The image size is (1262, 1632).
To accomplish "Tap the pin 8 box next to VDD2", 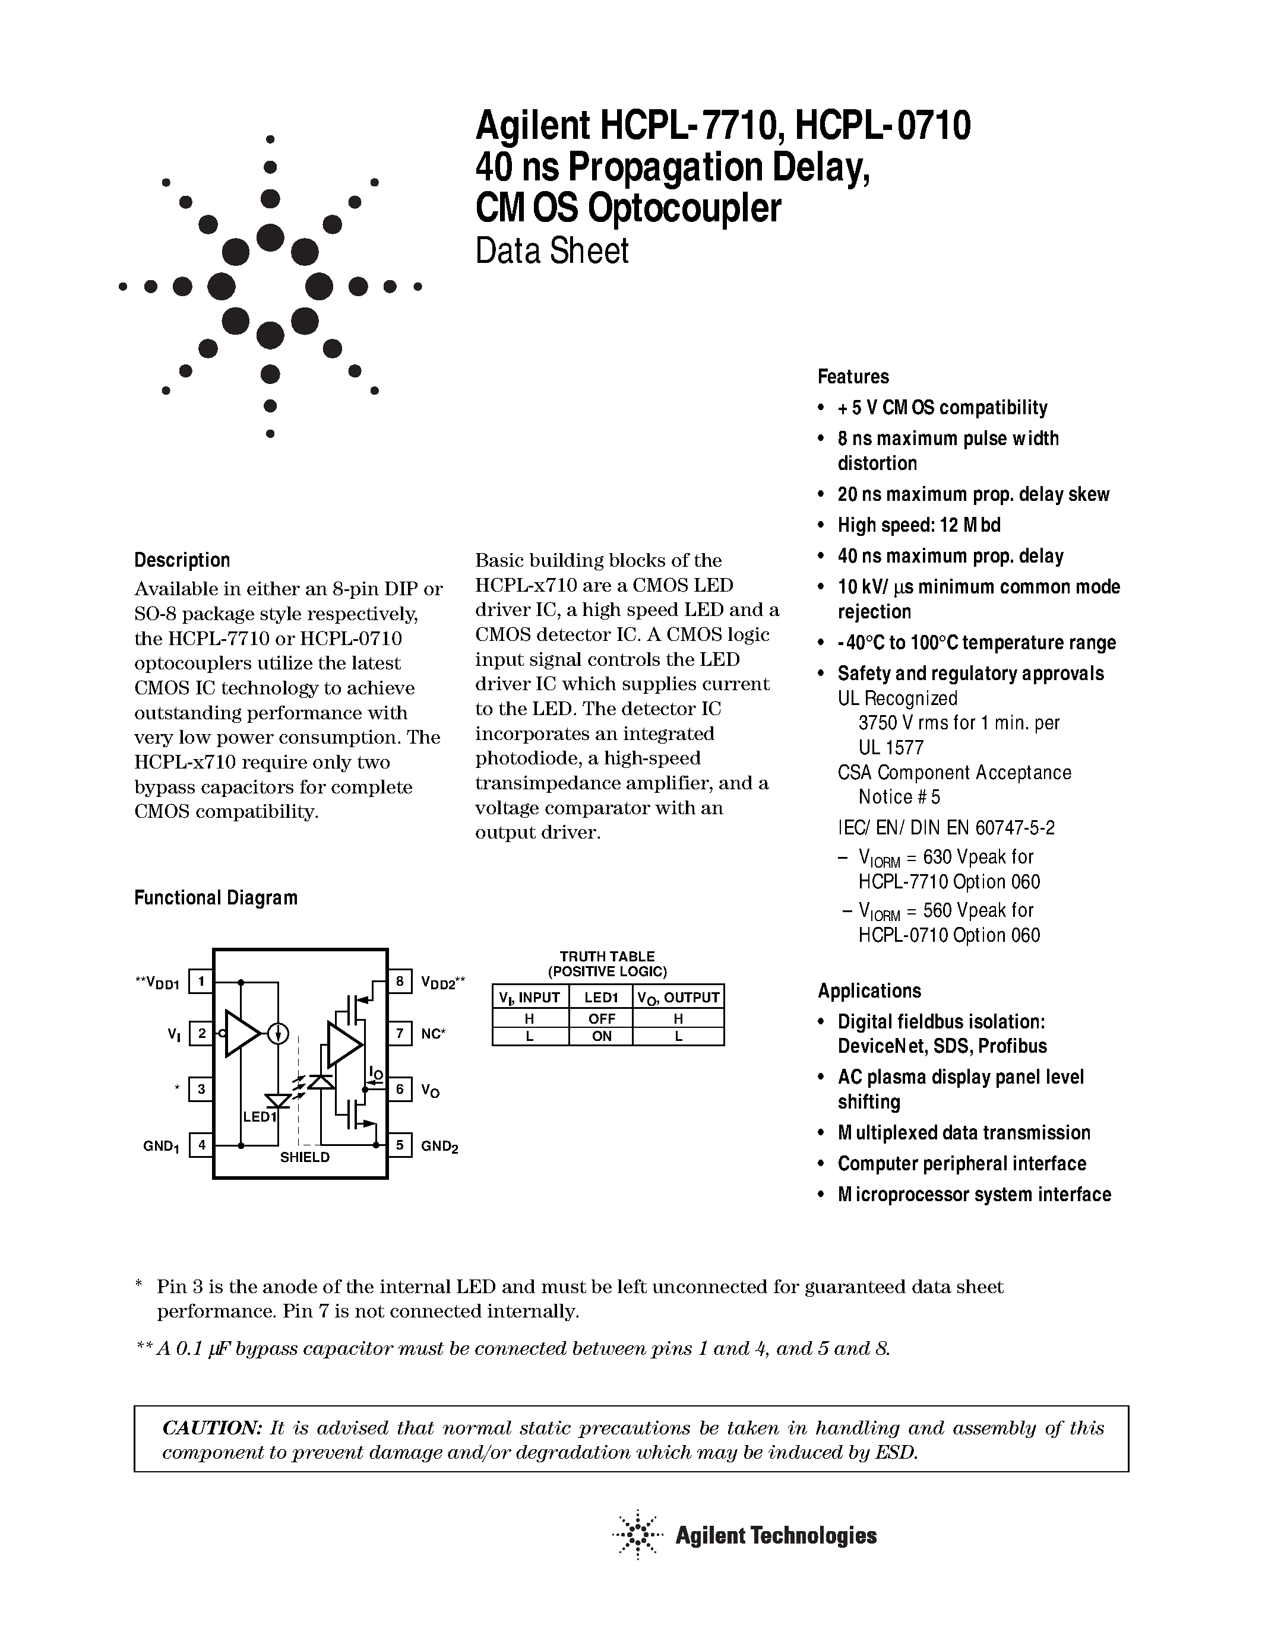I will [x=400, y=981].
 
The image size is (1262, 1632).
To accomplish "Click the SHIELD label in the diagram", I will [x=304, y=1157].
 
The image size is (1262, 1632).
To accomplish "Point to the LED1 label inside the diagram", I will [x=260, y=1117].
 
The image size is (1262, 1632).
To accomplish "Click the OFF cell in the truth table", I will [x=601, y=1018].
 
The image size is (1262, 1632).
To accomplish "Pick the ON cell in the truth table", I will [x=601, y=1036].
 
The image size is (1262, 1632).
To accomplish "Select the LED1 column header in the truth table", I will [x=601, y=998].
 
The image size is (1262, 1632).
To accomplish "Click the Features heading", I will [x=853, y=377].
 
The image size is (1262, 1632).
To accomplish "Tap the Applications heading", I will [x=869, y=991].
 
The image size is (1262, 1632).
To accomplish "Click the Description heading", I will [x=182, y=560].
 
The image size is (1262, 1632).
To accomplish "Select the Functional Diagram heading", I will [x=216, y=897].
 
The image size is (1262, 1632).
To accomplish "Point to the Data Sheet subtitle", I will [x=552, y=251].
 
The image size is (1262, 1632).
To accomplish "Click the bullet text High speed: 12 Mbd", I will [x=919, y=525].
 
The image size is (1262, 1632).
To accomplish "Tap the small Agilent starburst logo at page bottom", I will [x=638, y=1536].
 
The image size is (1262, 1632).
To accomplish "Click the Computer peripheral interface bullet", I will [x=961, y=1164].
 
